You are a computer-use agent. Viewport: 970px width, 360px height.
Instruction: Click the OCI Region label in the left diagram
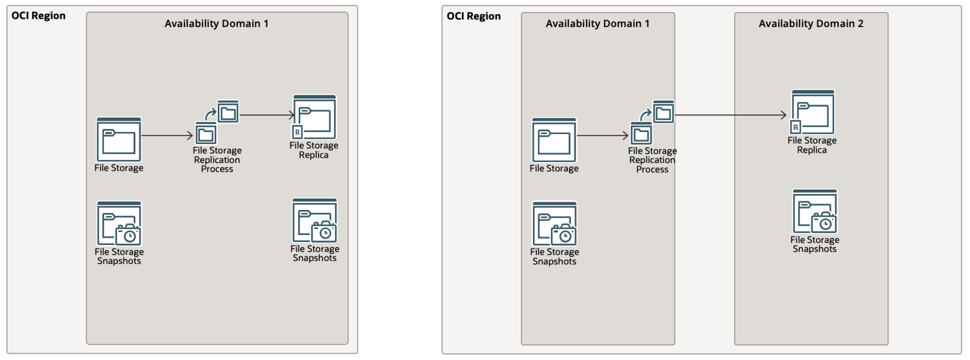pyautogui.click(x=38, y=16)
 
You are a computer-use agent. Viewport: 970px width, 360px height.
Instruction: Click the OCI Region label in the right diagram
pyautogui.click(x=473, y=16)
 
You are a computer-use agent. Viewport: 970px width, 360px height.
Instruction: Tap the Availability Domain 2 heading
pyautogui.click(x=811, y=24)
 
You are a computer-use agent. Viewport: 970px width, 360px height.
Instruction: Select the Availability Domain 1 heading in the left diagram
pyautogui.click(x=216, y=24)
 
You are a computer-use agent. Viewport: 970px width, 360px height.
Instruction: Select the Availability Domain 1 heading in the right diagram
pyautogui.click(x=597, y=24)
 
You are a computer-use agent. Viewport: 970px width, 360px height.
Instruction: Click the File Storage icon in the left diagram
pyautogui.click(x=119, y=140)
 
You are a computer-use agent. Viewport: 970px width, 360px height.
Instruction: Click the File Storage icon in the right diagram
pyautogui.click(x=554, y=140)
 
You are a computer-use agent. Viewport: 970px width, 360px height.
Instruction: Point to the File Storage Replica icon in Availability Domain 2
pyautogui.click(x=813, y=112)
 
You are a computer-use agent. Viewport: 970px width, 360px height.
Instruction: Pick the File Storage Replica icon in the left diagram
pyautogui.click(x=314, y=117)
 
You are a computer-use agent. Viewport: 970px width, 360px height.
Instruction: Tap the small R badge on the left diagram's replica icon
pyautogui.click(x=297, y=132)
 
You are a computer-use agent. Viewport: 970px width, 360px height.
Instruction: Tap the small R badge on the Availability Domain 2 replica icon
pyautogui.click(x=795, y=127)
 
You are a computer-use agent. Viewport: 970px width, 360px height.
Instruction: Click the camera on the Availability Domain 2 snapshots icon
pyautogui.click(x=824, y=223)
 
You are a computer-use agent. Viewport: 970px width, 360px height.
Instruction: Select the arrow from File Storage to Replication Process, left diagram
pyautogui.click(x=167, y=136)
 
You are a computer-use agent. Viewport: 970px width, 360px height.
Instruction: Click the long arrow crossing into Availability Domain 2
pyautogui.click(x=730, y=115)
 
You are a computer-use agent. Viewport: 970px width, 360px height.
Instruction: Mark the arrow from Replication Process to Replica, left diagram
pyautogui.click(x=267, y=115)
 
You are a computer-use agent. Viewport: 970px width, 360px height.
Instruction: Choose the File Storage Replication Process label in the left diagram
pyautogui.click(x=217, y=160)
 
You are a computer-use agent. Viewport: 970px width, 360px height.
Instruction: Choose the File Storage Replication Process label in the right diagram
pyautogui.click(x=652, y=160)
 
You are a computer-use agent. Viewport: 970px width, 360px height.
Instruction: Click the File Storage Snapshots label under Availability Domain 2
pyautogui.click(x=814, y=244)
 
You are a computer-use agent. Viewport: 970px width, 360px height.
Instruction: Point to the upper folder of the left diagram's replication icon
pyautogui.click(x=228, y=112)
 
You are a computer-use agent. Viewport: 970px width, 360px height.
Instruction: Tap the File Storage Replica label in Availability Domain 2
pyautogui.click(x=812, y=145)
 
